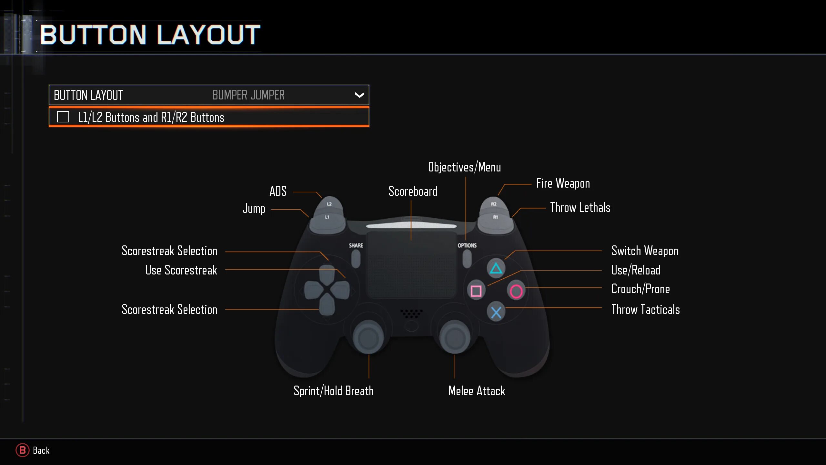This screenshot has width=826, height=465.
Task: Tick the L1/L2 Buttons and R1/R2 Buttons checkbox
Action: click(x=63, y=117)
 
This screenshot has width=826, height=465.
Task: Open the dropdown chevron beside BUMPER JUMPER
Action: click(x=359, y=95)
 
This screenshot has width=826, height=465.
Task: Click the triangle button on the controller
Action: click(x=496, y=268)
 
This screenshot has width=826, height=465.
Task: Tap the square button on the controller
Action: click(x=476, y=291)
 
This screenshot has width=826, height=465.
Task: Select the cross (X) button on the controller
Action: click(x=496, y=312)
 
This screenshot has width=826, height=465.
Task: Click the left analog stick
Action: click(x=368, y=337)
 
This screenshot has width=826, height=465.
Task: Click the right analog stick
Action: click(x=455, y=337)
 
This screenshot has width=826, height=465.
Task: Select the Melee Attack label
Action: click(x=477, y=391)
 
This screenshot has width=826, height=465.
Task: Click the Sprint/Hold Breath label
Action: click(x=334, y=391)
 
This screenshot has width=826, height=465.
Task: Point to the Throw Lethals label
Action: click(x=580, y=207)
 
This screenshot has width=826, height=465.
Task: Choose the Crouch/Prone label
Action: click(x=640, y=289)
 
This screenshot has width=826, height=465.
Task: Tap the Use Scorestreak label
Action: click(x=181, y=270)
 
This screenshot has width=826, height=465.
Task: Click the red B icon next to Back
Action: click(x=22, y=450)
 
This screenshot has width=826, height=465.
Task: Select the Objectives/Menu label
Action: click(x=464, y=167)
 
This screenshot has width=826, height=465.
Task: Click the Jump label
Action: click(x=254, y=209)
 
